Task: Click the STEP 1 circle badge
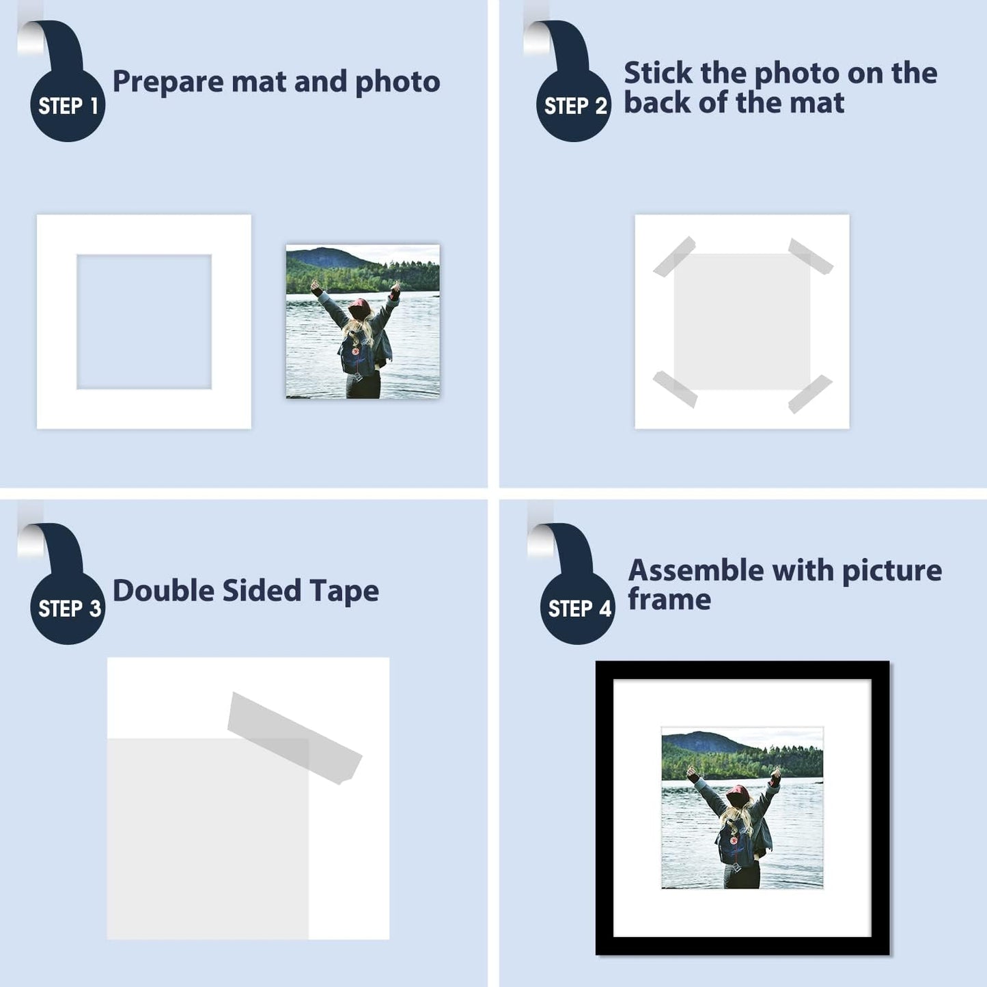(68, 105)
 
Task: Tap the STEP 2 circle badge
(574, 105)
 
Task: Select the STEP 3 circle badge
(68, 608)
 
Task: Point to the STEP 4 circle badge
(578, 608)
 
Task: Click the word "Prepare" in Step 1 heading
(167, 82)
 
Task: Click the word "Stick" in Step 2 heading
(656, 73)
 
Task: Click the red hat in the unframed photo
(359, 308)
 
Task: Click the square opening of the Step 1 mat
(144, 322)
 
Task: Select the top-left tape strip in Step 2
(674, 256)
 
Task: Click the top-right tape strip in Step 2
(811, 256)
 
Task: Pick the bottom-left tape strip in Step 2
(675, 389)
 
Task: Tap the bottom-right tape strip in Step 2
(810, 393)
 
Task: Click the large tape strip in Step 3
(294, 738)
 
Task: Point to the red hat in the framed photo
(737, 794)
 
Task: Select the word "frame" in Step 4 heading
(669, 600)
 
